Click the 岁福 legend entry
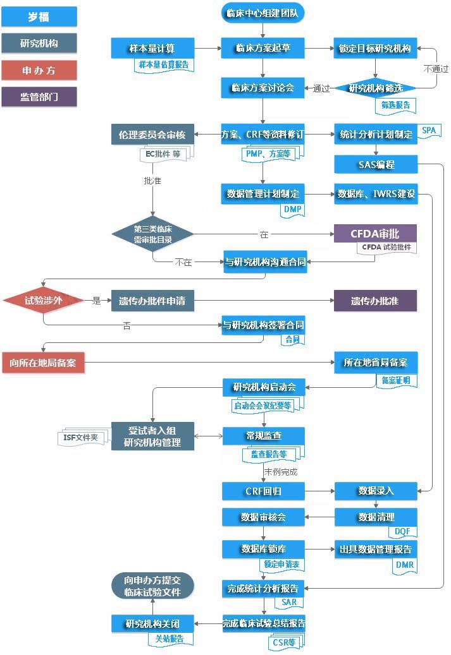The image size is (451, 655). [x=39, y=16]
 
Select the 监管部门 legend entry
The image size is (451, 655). [x=39, y=97]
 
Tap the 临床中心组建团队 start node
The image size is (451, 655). [x=263, y=12]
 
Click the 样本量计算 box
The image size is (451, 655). [x=152, y=47]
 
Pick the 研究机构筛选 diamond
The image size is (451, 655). [x=376, y=88]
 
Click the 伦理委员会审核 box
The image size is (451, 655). [x=152, y=135]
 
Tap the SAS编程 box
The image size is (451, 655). [x=376, y=165]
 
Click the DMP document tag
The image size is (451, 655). [x=292, y=209]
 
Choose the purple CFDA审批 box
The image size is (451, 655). [x=376, y=234]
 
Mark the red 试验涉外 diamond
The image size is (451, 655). [x=43, y=301]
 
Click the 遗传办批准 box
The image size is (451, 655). [x=376, y=301]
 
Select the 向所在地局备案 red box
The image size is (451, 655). [x=43, y=363]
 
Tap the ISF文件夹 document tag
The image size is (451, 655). [x=82, y=437]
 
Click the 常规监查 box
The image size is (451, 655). [x=264, y=436]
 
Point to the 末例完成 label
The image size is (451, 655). [x=280, y=471]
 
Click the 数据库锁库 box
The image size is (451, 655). [x=264, y=548]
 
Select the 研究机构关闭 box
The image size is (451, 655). [x=152, y=624]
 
